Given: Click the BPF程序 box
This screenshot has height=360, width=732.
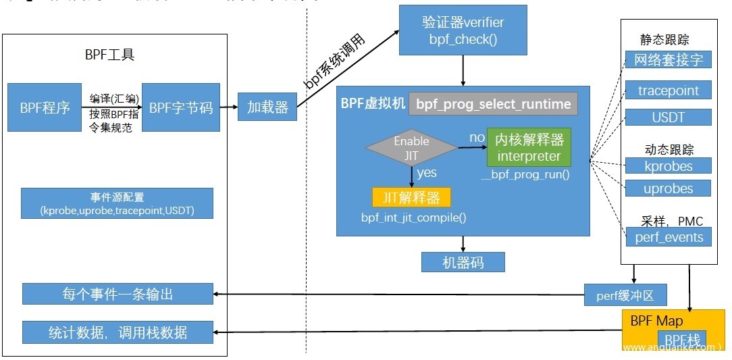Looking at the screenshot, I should [45, 107].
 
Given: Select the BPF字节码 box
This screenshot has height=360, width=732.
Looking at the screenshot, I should [181, 107].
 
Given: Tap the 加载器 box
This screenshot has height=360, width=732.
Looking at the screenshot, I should [267, 107].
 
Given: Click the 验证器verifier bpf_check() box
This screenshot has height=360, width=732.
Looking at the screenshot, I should [463, 30].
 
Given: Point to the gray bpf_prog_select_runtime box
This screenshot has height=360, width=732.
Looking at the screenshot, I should [493, 104].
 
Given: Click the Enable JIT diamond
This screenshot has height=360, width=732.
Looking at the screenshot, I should [411, 148].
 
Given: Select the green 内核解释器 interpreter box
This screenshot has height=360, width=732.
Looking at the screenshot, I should [529, 148].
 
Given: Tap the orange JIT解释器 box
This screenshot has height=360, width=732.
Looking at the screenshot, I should [411, 197].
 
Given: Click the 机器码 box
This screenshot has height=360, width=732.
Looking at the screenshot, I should [463, 262].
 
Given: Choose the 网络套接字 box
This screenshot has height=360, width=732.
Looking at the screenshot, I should [668, 60].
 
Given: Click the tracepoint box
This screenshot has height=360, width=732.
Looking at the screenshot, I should [668, 91].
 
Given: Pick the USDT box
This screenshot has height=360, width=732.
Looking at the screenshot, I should [668, 117].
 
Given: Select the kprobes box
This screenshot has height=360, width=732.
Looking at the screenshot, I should [668, 165].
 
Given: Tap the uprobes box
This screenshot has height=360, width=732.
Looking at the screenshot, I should [668, 188].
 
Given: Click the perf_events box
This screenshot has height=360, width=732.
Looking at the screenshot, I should [668, 237].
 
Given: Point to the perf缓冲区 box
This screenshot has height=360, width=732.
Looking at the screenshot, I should [626, 294].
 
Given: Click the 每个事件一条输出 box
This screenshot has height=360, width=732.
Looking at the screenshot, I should [117, 294].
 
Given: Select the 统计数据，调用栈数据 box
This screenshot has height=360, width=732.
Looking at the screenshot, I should [117, 332].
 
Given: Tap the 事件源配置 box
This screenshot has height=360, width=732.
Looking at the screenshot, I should [117, 204].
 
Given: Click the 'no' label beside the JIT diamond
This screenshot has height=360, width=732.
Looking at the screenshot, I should [477, 138].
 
